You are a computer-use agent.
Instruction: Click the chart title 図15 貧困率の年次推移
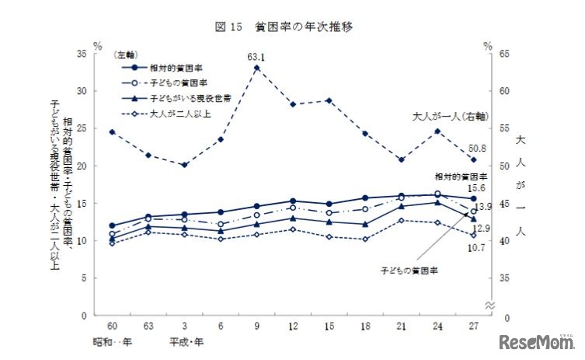coord(293,27)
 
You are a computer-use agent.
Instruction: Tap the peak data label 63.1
coord(256,57)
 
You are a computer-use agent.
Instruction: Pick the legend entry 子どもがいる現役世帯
coord(180,99)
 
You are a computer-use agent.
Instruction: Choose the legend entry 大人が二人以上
coord(172,114)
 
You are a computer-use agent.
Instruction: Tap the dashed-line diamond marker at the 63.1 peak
coord(256,68)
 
